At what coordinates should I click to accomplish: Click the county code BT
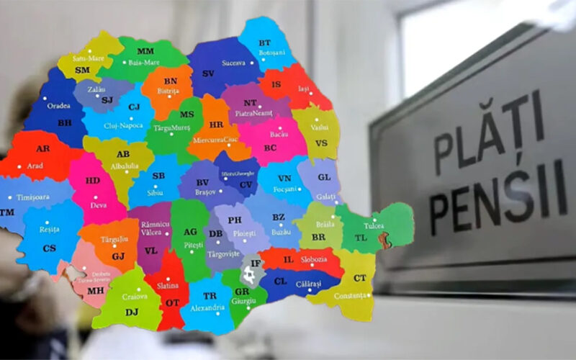point(265,43)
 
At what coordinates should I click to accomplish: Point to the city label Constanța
point(350,295)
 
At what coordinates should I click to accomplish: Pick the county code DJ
point(132,312)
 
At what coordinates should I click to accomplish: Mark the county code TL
point(361,237)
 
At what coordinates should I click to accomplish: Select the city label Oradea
point(59,105)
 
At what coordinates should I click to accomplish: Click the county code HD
point(93,180)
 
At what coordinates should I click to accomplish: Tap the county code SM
point(83,70)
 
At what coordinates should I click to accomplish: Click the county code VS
point(321,143)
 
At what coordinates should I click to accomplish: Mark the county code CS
point(49,248)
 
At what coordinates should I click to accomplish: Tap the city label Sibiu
point(157,193)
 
